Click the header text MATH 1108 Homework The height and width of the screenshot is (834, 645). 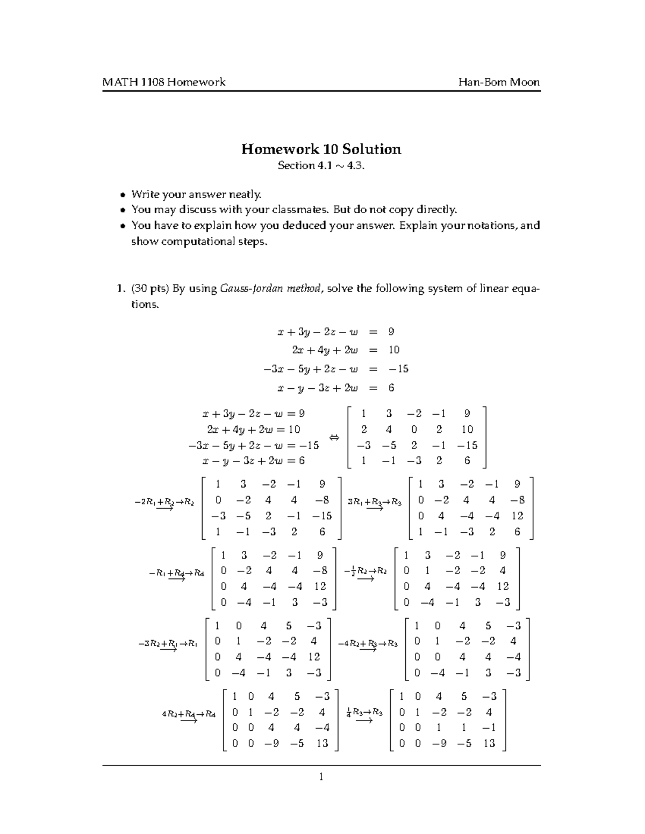(164, 82)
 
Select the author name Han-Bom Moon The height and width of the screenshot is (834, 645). (499, 82)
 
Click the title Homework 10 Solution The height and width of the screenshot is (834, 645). (321, 149)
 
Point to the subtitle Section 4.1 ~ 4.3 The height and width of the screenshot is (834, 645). (321, 166)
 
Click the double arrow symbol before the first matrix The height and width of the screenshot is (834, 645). (334, 438)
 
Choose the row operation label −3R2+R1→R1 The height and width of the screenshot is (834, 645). (168, 644)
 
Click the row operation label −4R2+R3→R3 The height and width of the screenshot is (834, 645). (368, 644)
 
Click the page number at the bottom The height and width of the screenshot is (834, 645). (321, 777)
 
